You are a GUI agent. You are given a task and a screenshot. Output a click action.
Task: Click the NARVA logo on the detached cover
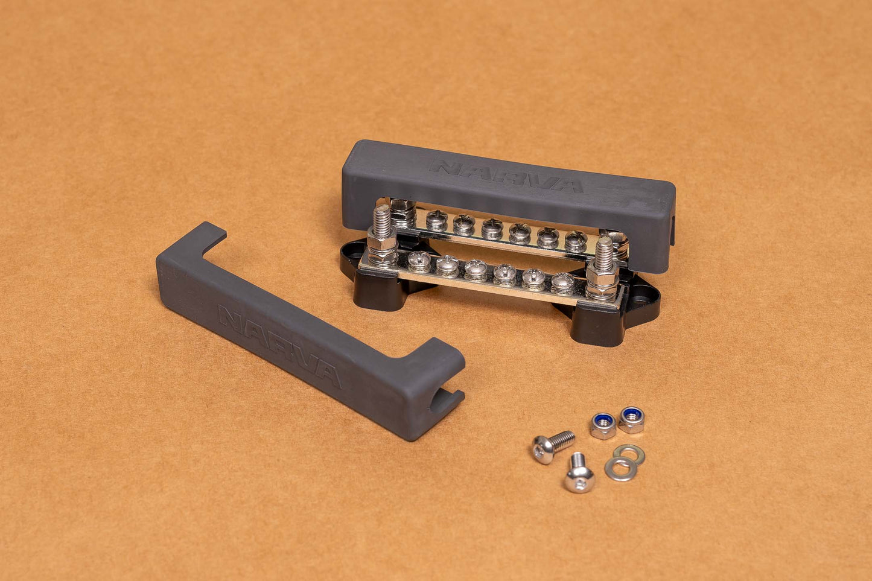click(279, 346)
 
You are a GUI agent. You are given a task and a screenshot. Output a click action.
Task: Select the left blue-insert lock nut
click(603, 426)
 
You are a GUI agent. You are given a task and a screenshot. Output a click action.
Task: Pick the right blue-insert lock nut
click(631, 420)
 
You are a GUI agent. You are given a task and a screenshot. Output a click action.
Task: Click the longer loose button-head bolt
click(553, 446)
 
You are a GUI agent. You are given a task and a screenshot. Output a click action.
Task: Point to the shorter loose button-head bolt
click(579, 473)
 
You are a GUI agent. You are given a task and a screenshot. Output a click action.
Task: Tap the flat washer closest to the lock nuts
click(629, 454)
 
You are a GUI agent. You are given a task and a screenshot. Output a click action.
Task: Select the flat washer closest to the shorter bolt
click(620, 469)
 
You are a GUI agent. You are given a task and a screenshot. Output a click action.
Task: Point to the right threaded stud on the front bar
click(603, 254)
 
